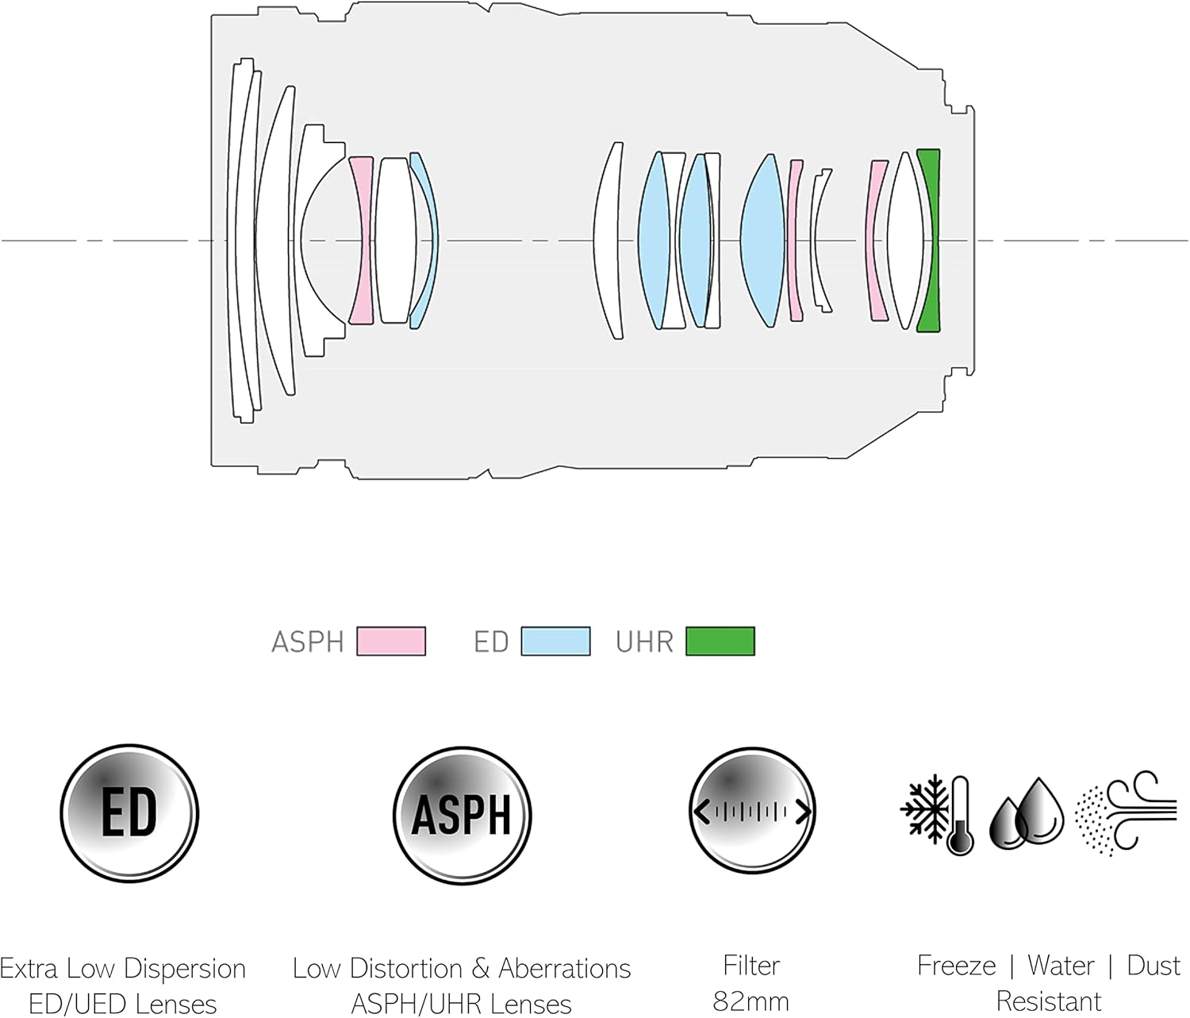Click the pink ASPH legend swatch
click(x=391, y=641)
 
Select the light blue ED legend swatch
click(x=555, y=641)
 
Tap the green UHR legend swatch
click(x=720, y=641)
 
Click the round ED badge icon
click(x=129, y=813)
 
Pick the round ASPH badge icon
click(x=462, y=815)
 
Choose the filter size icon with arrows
click(x=751, y=811)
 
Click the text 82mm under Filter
click(x=750, y=1001)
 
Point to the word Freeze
click(x=956, y=966)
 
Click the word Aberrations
click(x=564, y=968)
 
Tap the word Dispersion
click(x=184, y=969)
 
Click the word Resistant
click(x=1048, y=1001)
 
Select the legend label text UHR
click(x=644, y=641)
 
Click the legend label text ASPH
click(x=307, y=641)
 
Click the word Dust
click(x=1154, y=966)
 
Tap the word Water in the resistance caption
click(x=1061, y=966)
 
